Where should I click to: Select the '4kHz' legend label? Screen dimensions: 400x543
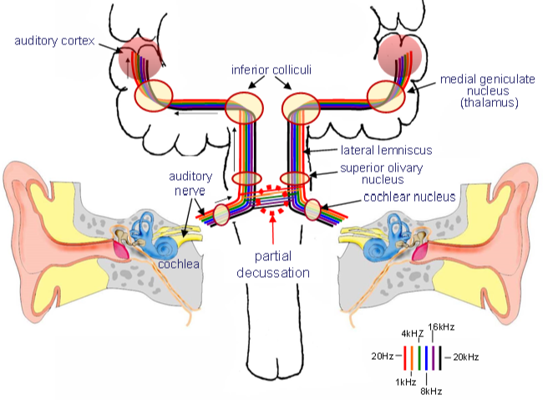tap(414, 335)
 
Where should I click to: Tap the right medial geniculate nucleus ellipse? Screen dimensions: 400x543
tap(385, 95)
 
